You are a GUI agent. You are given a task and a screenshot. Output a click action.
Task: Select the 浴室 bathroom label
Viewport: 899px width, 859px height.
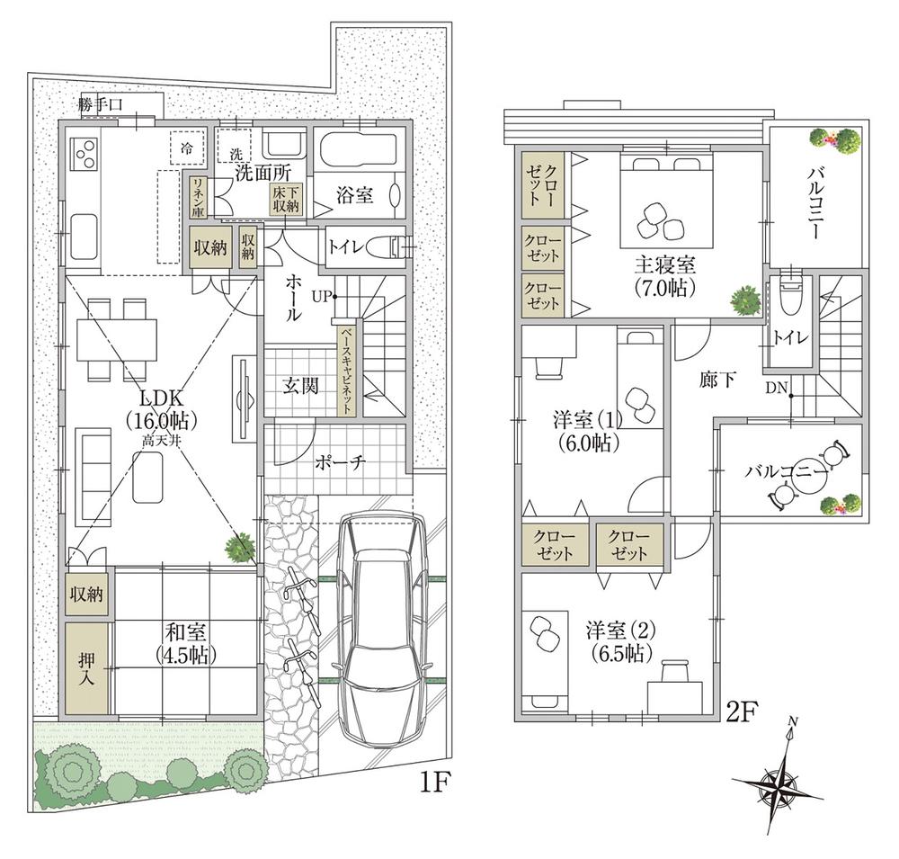tap(356, 196)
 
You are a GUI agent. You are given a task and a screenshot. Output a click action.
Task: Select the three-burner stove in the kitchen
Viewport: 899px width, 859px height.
tap(83, 154)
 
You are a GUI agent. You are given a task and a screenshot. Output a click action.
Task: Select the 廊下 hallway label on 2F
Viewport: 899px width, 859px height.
tap(717, 380)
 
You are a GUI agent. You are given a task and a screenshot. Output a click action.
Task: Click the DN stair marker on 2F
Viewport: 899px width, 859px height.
tap(778, 389)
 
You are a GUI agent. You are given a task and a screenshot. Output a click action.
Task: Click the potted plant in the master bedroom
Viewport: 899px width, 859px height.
tap(744, 299)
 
